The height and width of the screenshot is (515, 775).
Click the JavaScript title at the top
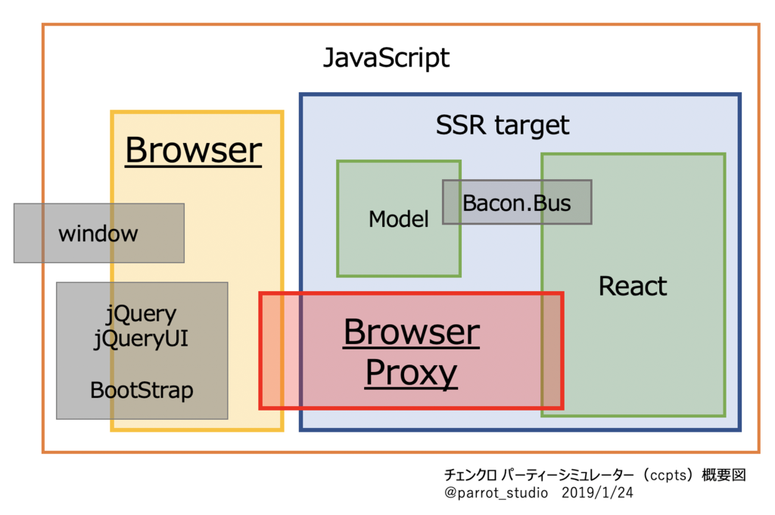(386, 58)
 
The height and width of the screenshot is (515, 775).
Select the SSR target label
(503, 125)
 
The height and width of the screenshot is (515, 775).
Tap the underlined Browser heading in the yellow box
(193, 150)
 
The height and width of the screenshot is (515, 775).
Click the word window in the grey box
(98, 234)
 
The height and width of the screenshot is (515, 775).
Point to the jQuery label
(142, 314)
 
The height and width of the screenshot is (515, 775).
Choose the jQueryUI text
(142, 340)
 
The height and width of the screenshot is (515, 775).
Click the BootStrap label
(142, 390)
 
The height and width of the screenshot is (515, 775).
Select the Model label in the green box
(398, 219)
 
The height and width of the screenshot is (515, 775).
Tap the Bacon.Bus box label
(516, 203)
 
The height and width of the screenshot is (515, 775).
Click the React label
(633, 286)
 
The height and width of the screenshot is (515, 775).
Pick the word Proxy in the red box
(411, 373)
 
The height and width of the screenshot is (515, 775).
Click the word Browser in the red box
(411, 332)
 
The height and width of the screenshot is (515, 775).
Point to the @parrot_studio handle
(496, 493)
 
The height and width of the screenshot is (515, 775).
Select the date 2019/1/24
(597, 492)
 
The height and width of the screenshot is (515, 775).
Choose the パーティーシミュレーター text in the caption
(568, 475)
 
